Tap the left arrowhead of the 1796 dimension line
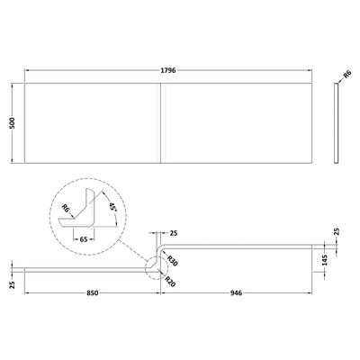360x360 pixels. [27, 69]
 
